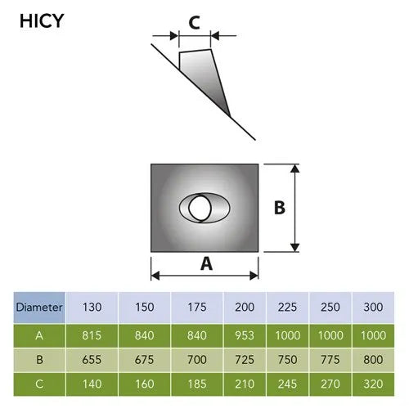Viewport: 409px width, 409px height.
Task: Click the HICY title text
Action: [x=42, y=21]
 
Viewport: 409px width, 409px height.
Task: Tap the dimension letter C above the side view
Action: [x=195, y=23]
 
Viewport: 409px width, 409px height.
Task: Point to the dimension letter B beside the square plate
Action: [x=280, y=208]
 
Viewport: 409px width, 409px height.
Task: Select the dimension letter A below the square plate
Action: [x=206, y=264]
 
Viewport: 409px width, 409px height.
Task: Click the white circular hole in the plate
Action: [x=200, y=208]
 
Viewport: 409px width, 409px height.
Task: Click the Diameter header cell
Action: [x=39, y=308]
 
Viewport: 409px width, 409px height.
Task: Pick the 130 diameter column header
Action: [x=92, y=308]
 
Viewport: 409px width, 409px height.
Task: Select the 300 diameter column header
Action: [x=373, y=308]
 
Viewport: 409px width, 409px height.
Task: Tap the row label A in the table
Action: [x=39, y=335]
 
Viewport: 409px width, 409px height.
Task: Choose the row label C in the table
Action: [x=39, y=384]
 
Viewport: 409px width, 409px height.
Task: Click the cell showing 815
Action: [x=92, y=335]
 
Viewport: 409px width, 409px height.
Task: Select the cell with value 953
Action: [x=245, y=335]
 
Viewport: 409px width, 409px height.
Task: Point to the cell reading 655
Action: [x=92, y=360]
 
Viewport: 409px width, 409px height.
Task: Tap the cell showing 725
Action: [x=245, y=360]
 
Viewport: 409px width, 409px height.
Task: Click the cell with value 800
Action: [x=373, y=360]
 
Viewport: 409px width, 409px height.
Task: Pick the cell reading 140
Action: [x=92, y=384]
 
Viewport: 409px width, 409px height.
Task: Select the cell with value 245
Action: [x=287, y=384]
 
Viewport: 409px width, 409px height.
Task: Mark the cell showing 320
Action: [x=373, y=384]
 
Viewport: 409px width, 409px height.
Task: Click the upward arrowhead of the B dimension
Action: [x=294, y=169]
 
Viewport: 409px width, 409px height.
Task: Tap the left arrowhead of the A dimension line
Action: [x=155, y=276]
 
